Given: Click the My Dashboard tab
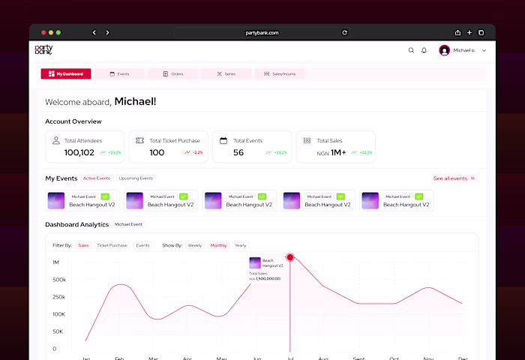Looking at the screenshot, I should [66, 73].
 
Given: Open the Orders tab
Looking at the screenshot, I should [173, 73].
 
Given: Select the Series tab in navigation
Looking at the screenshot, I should [226, 73].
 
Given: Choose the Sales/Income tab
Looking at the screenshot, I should [280, 73].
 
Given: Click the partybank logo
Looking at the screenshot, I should [44, 49].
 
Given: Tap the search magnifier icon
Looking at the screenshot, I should [411, 50].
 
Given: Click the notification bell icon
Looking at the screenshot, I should [424, 50].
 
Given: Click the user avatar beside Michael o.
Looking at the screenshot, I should [444, 50].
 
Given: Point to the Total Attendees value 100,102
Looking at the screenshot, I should [79, 152].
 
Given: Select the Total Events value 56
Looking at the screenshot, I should [238, 152].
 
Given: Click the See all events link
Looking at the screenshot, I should [454, 178].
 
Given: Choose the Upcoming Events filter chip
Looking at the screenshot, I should [136, 178].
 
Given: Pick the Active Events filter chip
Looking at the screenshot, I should [97, 178].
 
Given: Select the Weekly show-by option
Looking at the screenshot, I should [195, 245].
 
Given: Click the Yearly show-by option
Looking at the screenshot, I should [240, 245].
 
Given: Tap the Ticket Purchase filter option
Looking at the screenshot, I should [112, 245].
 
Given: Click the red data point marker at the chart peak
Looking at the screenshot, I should [290, 257].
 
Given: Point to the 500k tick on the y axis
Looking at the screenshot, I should [58, 280].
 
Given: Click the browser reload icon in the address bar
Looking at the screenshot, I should [344, 32].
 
